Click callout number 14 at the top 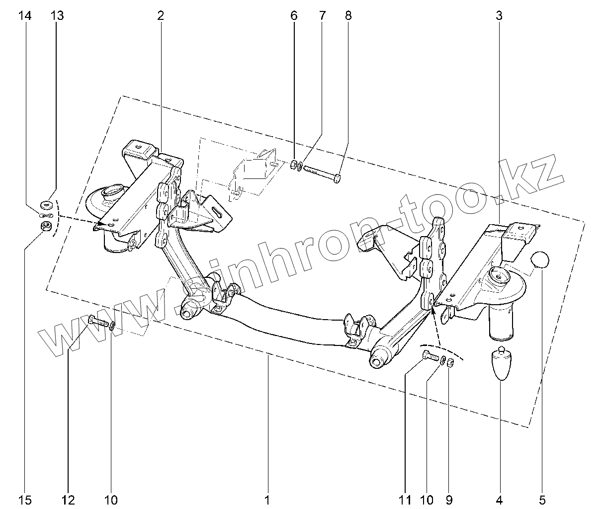point(25,16)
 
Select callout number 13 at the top point(57,16)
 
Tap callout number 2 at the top point(161,16)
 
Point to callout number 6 point(294,16)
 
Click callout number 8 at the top point(348,16)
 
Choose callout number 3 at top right point(499,16)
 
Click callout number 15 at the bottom point(25,499)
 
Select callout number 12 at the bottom point(68,499)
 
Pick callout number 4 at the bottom point(499,499)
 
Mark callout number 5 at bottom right point(542,499)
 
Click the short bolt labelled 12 point(98,322)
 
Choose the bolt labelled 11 point(430,356)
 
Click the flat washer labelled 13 point(46,203)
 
